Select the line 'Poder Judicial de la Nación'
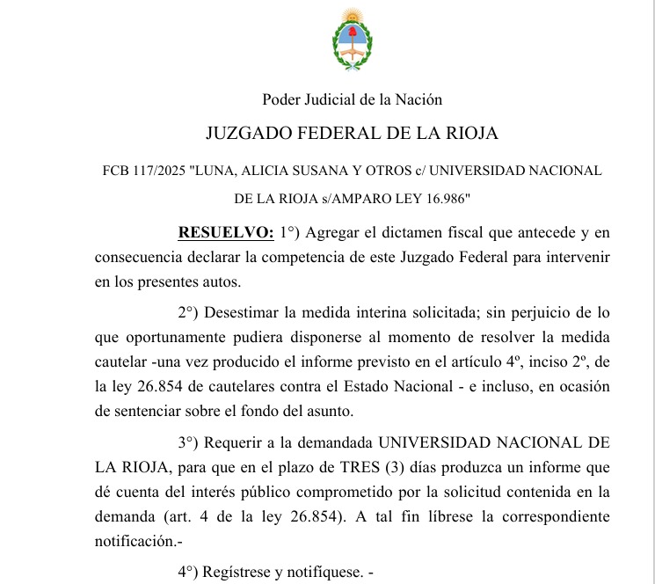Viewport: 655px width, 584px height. coord(352,100)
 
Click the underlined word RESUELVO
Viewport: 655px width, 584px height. coord(226,233)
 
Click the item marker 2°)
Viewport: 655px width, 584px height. coord(191,312)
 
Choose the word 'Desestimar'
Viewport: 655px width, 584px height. coord(244,312)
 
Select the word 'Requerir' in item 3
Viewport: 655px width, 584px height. coord(235,442)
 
